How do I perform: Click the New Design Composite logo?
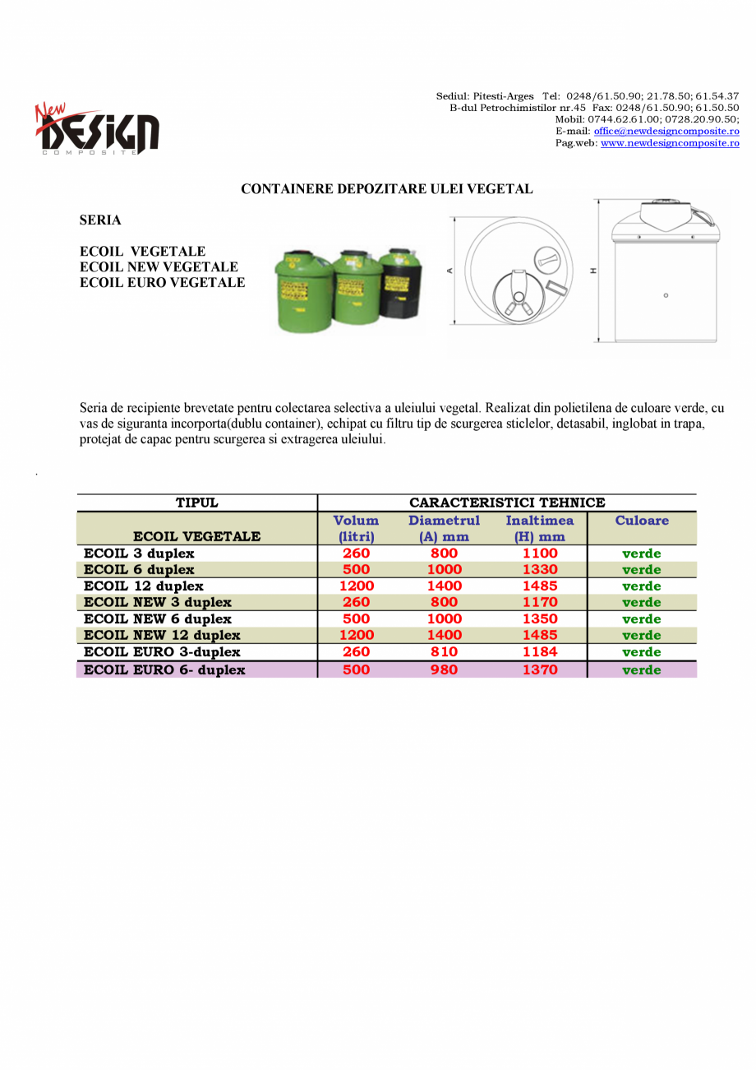[97, 129]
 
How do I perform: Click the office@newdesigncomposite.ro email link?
[666, 132]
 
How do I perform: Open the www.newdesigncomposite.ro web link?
[670, 143]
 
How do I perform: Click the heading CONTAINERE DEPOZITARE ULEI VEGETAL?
[386, 189]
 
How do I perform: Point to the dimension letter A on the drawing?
[450, 271]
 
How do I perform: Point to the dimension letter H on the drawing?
[593, 271]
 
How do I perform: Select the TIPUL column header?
[197, 503]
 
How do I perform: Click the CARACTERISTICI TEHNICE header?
[507, 503]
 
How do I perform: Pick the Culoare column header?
[642, 521]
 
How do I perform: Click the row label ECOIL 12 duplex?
[144, 586]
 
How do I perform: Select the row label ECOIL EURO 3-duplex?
[162, 652]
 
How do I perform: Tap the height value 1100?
[540, 554]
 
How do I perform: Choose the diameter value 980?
[444, 670]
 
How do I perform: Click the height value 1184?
[540, 652]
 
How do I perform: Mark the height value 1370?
[540, 670]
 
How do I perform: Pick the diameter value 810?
[444, 652]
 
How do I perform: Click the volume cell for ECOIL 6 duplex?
[356, 570]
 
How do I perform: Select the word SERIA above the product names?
[100, 220]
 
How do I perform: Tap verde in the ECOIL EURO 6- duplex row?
[642, 670]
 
